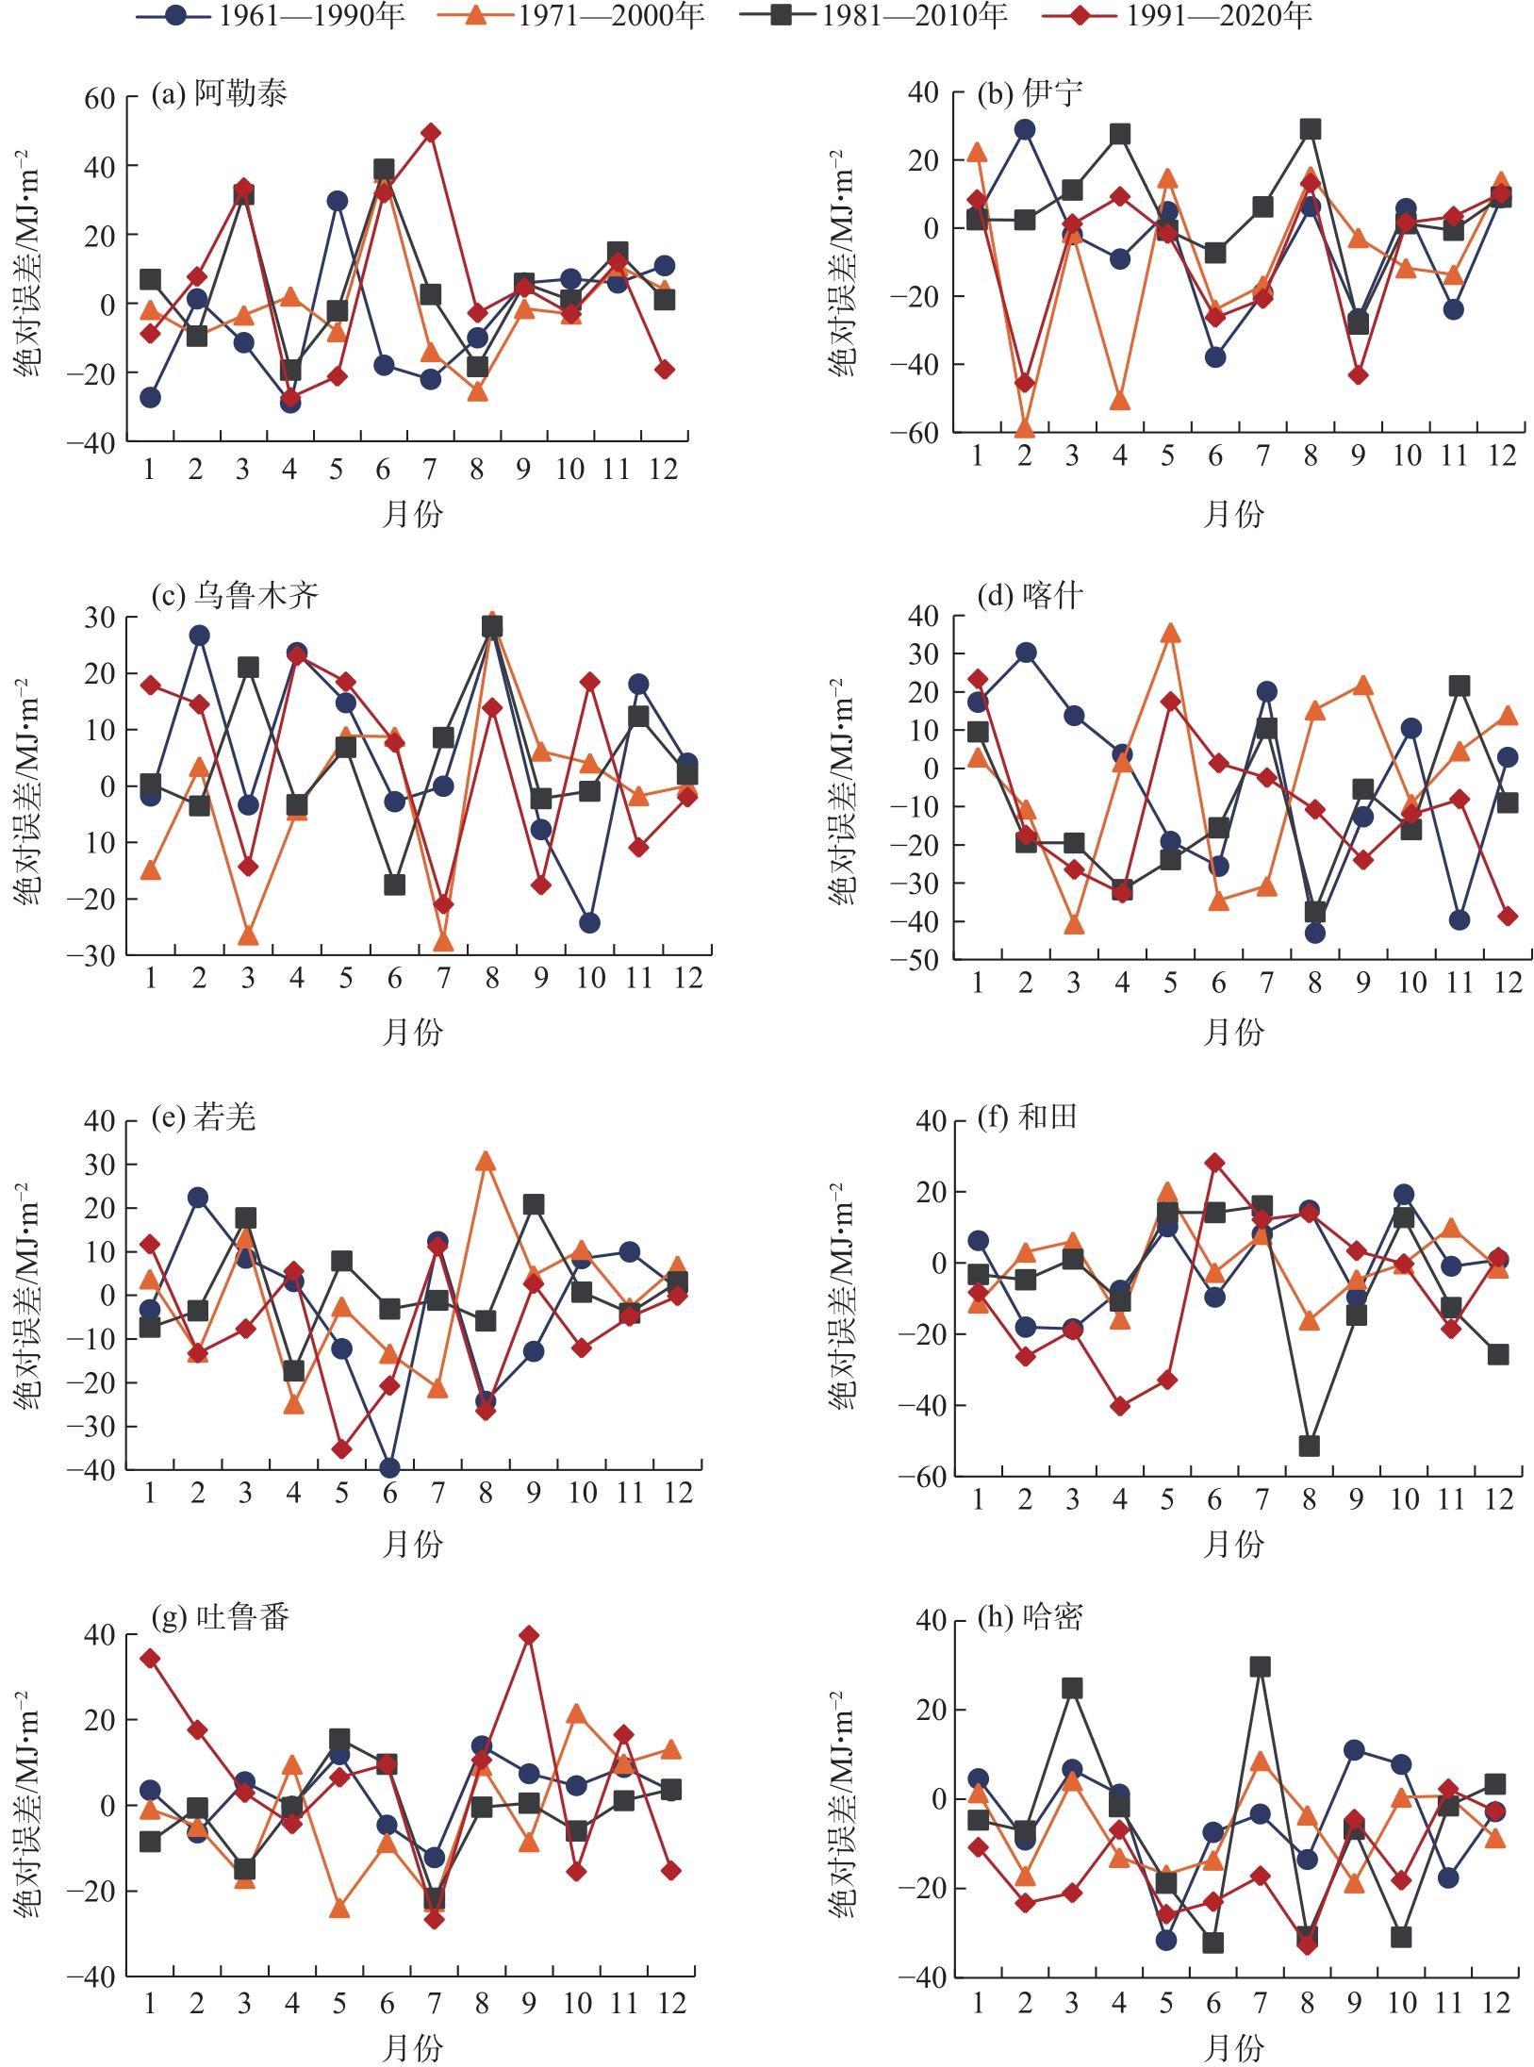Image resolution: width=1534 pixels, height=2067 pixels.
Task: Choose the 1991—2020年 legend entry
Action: pyautogui.click(x=1178, y=16)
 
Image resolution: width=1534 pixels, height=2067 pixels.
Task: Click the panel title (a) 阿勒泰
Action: pyautogui.click(x=219, y=93)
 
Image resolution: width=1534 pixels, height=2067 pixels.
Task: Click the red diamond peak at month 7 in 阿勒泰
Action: pyautogui.click(x=431, y=133)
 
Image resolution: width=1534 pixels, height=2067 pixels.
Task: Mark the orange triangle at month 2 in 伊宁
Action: pyautogui.click(x=1025, y=429)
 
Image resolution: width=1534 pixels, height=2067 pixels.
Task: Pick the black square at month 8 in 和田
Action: pyautogui.click(x=1310, y=1447)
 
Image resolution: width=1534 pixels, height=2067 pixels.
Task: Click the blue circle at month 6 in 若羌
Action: pyautogui.click(x=389, y=1468)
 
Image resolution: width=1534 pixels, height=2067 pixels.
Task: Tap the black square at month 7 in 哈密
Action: pyautogui.click(x=1261, y=1667)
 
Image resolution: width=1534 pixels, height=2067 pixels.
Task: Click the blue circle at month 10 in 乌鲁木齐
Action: pyautogui.click(x=589, y=922)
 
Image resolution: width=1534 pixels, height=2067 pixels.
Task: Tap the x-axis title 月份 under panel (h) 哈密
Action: pyautogui.click(x=1234, y=2041)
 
